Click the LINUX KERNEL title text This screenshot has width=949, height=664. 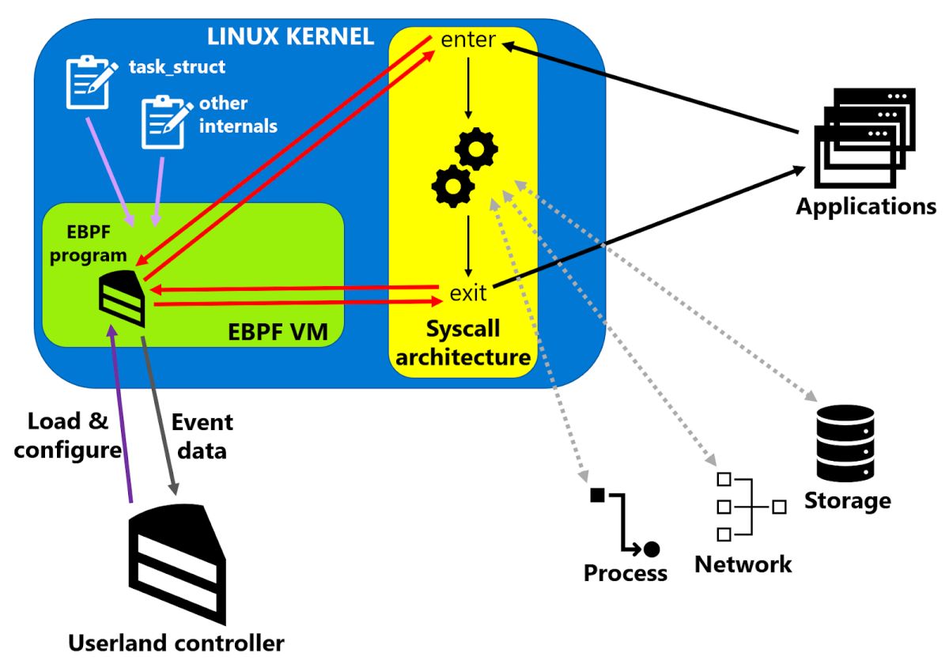(x=290, y=36)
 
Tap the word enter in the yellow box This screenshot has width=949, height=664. (x=469, y=40)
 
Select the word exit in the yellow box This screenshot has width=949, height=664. (x=468, y=293)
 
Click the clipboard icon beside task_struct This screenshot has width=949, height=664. (x=87, y=81)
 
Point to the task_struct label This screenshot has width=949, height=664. (x=177, y=67)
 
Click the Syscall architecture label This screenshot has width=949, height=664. (x=463, y=343)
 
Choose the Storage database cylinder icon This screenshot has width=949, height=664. (x=845, y=443)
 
